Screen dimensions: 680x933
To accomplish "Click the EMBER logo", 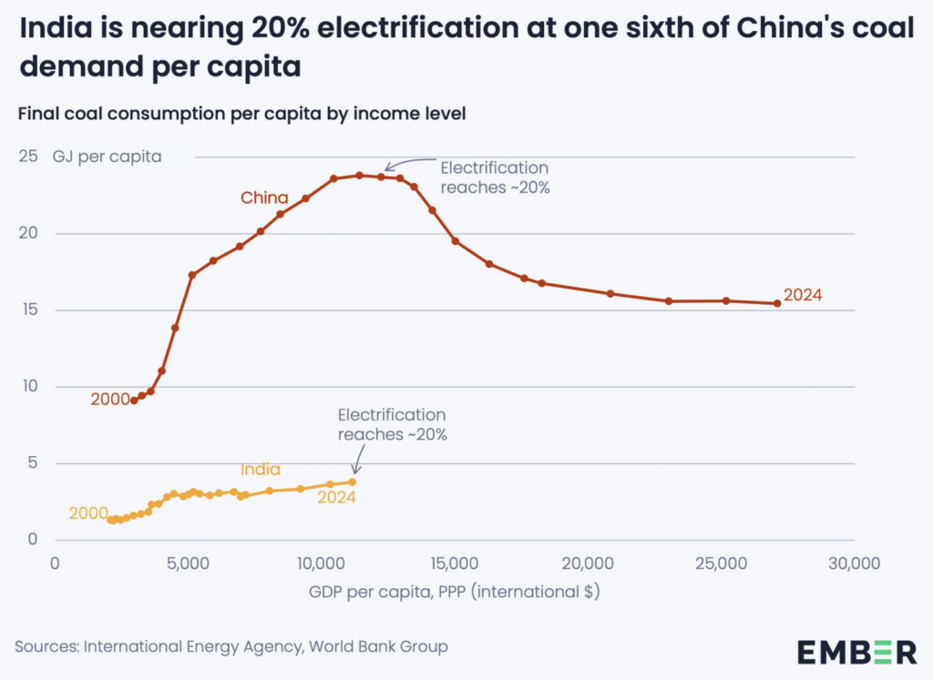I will [x=857, y=651].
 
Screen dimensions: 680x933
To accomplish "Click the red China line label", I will [x=264, y=198].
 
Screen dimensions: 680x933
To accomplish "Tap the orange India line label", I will [x=261, y=470].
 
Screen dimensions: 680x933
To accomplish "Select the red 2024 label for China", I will [x=803, y=295].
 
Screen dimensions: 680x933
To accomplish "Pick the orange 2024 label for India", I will [x=336, y=497].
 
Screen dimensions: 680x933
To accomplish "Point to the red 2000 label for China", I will [x=109, y=399].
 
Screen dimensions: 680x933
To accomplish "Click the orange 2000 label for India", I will [x=88, y=513].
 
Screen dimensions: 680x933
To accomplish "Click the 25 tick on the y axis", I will [x=30, y=157].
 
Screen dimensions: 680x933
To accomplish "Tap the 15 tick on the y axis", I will [x=30, y=310].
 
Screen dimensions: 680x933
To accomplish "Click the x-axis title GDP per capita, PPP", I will [x=454, y=591].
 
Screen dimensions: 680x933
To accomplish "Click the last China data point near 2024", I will [x=777, y=303].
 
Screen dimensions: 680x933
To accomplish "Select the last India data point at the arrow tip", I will [x=352, y=482].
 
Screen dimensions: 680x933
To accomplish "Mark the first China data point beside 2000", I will [x=134, y=401].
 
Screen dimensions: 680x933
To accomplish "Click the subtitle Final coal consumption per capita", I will [x=241, y=114].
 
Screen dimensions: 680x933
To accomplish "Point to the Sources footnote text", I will [x=231, y=647].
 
